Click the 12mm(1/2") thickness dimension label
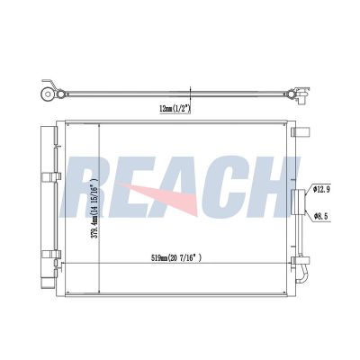point(175,109)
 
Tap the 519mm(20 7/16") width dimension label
point(175,257)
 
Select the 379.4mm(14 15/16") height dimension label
point(94,208)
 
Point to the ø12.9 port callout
point(321,190)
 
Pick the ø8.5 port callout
point(322,216)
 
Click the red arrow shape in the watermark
point(160,194)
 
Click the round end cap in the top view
point(48,94)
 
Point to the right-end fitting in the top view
point(301,94)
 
